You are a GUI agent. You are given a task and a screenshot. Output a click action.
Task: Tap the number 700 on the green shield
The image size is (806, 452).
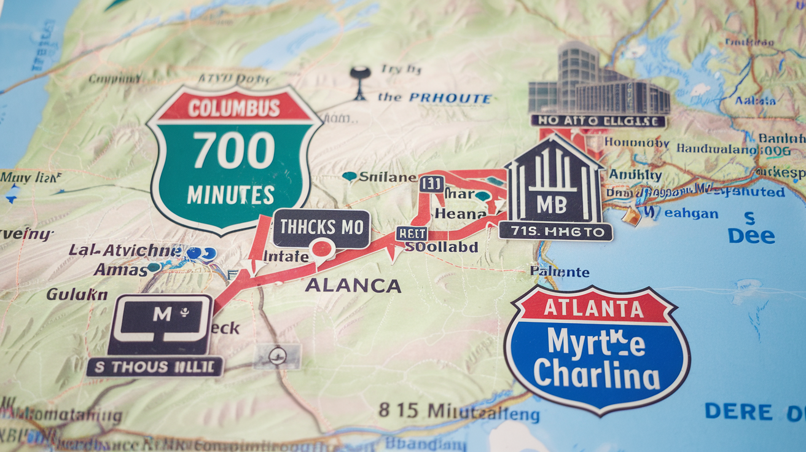[x=234, y=151]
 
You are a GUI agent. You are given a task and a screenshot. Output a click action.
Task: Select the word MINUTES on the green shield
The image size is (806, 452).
[x=230, y=195]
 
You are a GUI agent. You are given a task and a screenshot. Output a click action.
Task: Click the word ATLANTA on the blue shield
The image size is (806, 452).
[x=595, y=308]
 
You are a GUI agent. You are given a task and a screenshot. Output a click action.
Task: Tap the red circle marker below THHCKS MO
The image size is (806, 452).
[x=322, y=249]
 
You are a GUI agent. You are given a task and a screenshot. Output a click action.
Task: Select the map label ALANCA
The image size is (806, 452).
[x=353, y=286]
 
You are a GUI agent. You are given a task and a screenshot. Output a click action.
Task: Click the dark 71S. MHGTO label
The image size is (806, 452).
[x=555, y=232]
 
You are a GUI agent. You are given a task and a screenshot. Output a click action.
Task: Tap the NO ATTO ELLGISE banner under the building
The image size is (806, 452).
[x=598, y=121]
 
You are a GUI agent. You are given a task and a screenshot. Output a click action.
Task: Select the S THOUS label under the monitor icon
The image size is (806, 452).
[x=155, y=367]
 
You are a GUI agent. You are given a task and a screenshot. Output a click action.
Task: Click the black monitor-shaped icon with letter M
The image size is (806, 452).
[x=162, y=323]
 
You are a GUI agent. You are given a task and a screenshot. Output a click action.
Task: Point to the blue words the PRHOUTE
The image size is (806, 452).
[x=434, y=98]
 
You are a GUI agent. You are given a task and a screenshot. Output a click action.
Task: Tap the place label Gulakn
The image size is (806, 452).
[x=77, y=294]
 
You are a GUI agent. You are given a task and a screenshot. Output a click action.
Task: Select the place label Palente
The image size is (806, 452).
[x=560, y=272]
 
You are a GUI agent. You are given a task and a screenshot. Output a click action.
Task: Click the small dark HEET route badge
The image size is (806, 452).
[x=411, y=233]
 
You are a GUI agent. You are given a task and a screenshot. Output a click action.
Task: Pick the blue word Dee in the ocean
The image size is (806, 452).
[x=751, y=236]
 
